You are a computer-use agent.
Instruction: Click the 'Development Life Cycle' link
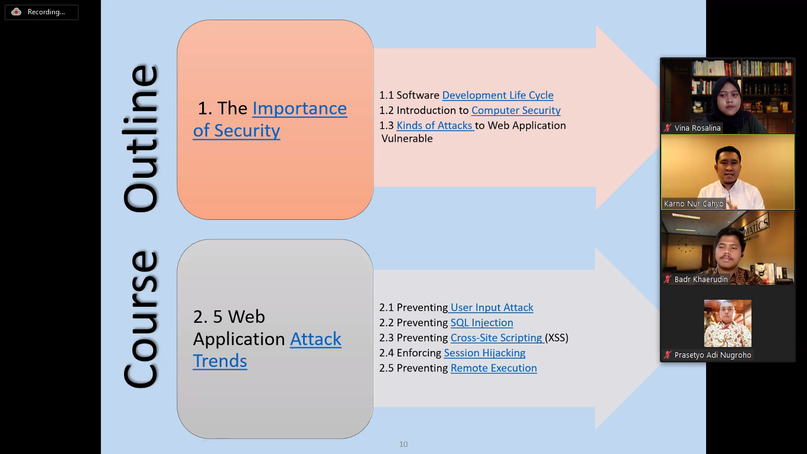point(497,95)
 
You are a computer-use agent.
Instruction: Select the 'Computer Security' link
point(516,111)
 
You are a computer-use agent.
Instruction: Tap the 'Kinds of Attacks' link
point(435,125)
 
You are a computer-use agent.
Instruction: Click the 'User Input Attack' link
point(492,307)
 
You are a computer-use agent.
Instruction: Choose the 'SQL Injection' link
point(481,323)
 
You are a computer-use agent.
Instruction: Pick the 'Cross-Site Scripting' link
point(496,338)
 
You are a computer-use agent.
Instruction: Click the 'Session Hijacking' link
point(484,353)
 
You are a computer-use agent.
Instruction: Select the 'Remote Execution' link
point(493,368)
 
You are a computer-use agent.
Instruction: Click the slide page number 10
point(403,444)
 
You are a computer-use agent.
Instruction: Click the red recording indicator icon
point(16,12)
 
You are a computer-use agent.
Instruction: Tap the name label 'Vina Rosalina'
point(697,128)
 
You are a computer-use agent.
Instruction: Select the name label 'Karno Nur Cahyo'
point(694,204)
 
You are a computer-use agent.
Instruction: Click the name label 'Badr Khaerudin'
point(701,279)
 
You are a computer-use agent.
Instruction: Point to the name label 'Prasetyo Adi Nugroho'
point(712,355)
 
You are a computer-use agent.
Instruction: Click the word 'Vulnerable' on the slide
point(407,139)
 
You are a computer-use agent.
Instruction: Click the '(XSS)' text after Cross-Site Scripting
point(557,338)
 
